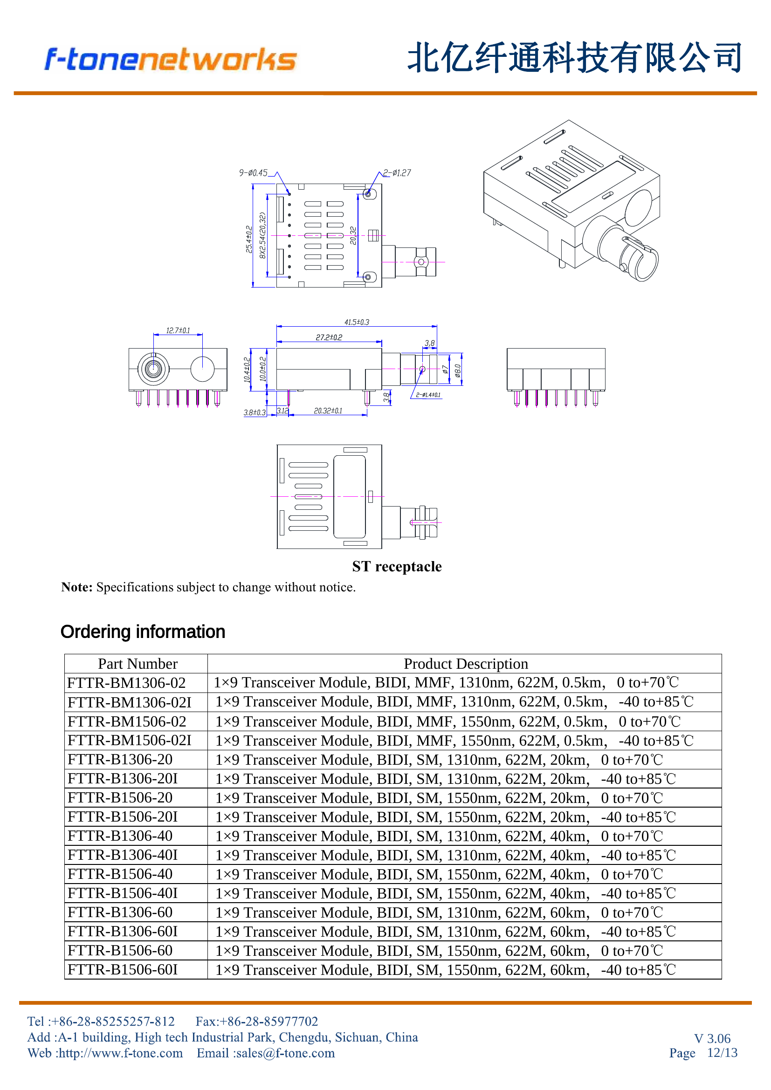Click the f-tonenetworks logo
pos(171,60)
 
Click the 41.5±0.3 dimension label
pos(357,322)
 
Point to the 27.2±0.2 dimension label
pos(329,337)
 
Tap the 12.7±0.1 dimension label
pos(178,330)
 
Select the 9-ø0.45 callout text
pos(253,173)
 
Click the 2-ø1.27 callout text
pos(397,173)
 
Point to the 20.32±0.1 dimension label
pos(328,411)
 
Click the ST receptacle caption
pos(397,566)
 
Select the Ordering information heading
pos(143,632)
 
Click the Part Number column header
pos(138,664)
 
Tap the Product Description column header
pos(466,664)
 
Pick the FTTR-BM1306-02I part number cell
pos(129,702)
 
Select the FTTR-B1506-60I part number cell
pos(123,970)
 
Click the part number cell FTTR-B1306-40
pos(120,836)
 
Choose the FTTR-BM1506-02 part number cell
pos(127,721)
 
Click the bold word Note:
pos(77,587)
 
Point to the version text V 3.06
pos(712,1038)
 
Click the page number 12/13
pos(722,1053)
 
